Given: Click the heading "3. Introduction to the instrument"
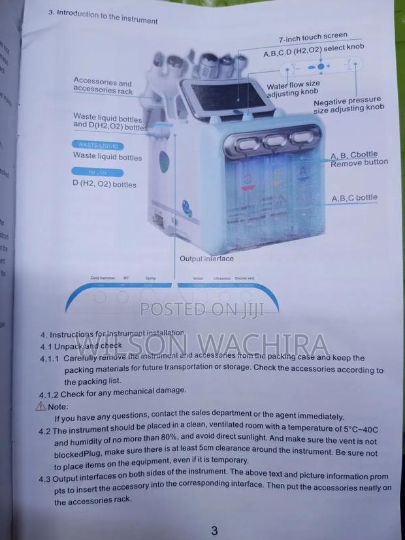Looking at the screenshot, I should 103,16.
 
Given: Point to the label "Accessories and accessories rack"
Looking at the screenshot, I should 103,86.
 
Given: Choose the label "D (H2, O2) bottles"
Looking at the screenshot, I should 105,184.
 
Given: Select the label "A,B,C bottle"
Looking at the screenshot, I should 354,197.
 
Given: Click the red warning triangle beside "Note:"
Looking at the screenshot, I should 33,405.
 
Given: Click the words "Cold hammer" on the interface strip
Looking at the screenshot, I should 103,278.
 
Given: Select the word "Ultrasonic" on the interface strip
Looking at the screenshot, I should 223,279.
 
